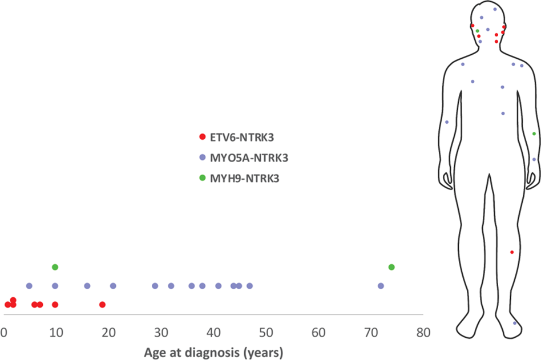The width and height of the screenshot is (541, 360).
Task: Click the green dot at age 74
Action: [x=391, y=267]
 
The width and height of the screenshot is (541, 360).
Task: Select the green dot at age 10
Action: [x=55, y=267]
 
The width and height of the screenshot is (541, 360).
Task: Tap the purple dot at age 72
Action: [x=381, y=286]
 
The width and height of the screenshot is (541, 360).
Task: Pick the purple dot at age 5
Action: [x=29, y=286]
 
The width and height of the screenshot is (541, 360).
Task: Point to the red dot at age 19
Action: [x=102, y=305]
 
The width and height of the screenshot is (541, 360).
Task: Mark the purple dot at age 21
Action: [x=113, y=286]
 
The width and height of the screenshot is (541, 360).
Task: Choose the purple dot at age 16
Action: [x=87, y=286]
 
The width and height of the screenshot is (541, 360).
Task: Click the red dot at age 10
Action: [x=55, y=305]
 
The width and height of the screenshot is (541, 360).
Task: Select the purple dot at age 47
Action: [x=249, y=286]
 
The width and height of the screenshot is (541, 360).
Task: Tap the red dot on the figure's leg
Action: [x=512, y=252]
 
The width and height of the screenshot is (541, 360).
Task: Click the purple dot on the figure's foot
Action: [x=515, y=323]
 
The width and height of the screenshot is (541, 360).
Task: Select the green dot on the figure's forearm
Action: [x=534, y=134]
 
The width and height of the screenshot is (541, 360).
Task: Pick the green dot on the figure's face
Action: [x=478, y=31]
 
